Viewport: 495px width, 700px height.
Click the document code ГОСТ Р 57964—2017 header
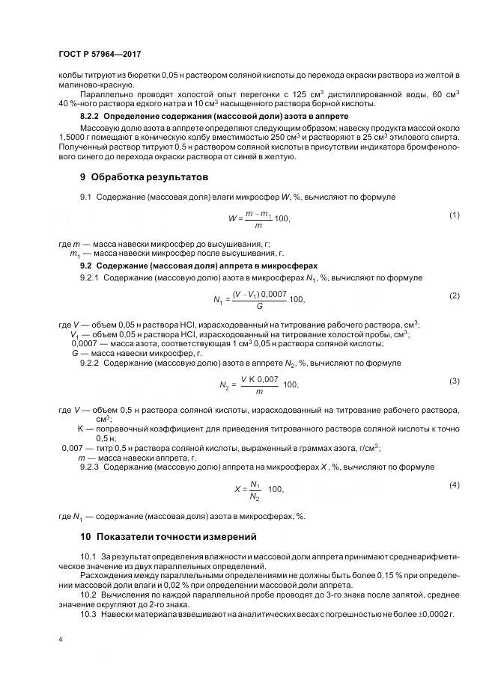click(100, 55)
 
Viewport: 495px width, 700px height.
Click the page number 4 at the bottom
click(61, 640)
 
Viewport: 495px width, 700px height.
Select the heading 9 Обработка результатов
click(145, 177)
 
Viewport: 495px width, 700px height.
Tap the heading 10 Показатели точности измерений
click(168, 536)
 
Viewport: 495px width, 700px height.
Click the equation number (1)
click(454, 215)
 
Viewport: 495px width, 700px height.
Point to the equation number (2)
click(454, 296)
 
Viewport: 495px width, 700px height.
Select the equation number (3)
click(454, 381)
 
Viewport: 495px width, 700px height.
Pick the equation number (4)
click(454, 485)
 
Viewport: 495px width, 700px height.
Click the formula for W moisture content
click(258, 218)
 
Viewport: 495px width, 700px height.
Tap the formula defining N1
click(259, 299)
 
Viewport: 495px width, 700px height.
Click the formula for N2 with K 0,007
click(259, 384)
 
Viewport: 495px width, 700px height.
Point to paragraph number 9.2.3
click(90, 467)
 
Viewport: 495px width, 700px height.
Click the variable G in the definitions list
click(75, 353)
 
